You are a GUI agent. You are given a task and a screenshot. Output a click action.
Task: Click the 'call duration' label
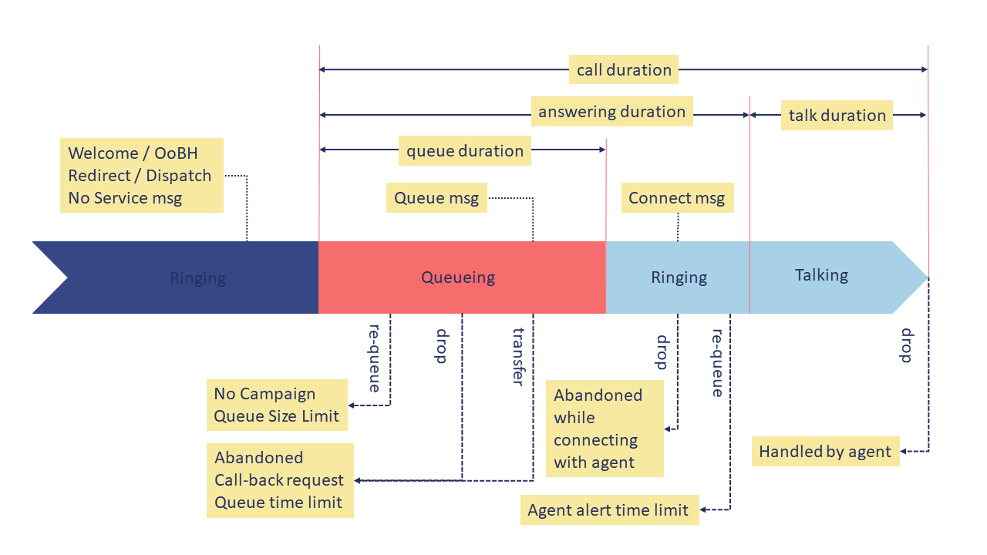point(624,70)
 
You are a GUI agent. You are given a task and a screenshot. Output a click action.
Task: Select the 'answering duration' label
point(611,112)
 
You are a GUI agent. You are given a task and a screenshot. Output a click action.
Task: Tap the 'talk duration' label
point(837,116)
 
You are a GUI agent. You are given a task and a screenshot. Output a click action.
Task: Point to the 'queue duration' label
point(465,151)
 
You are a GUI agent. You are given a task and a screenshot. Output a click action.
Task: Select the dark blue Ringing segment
point(197,277)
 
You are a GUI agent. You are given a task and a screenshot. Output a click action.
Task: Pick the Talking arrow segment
point(822,276)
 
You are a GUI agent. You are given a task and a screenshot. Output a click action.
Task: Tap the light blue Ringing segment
point(678,277)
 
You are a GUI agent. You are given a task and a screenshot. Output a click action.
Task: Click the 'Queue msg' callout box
point(436,198)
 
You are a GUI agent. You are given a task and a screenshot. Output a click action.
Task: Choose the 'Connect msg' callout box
point(676,198)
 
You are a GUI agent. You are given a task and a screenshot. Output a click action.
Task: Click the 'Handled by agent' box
point(825,452)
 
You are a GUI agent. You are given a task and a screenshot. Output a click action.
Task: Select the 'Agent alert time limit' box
point(608,510)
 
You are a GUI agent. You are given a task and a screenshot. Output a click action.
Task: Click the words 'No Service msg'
point(125,198)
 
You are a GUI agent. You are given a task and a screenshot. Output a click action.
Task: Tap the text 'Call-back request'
point(279,480)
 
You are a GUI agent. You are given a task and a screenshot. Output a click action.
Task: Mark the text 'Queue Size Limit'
point(276,416)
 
